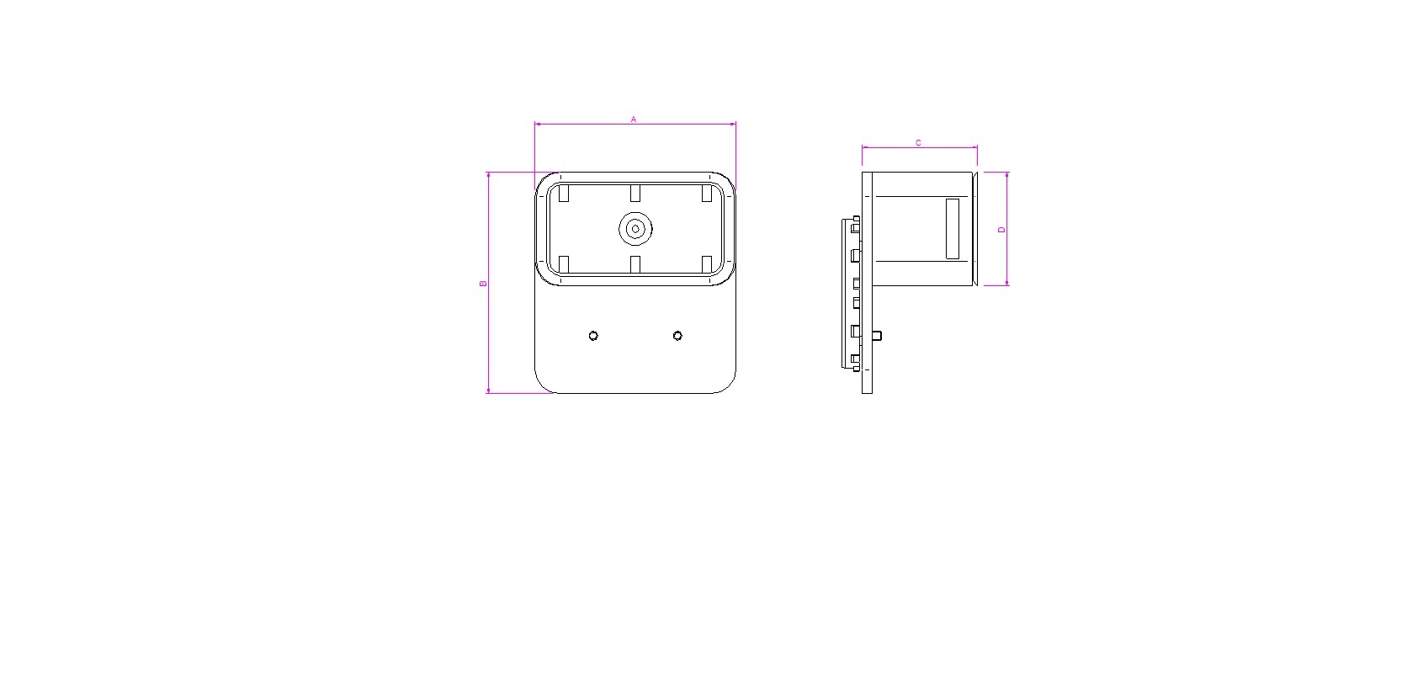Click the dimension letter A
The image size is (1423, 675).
634,120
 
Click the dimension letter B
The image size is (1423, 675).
483,284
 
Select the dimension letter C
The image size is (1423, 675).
918,143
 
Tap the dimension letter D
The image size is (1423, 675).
1001,230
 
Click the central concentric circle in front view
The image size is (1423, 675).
635,229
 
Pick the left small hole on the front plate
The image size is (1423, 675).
593,336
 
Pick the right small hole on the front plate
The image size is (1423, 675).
677,336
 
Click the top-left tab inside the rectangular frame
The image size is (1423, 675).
564,194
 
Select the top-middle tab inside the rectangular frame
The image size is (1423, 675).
635,194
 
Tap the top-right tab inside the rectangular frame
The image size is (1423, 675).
706,194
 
